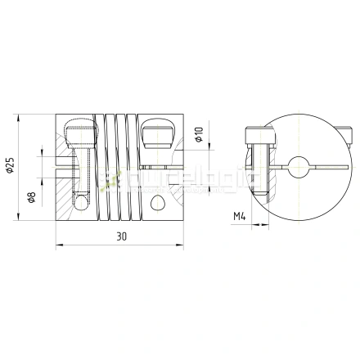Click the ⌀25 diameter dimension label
(x=11, y=168)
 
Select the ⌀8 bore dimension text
(x=31, y=197)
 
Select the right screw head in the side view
(x=157, y=130)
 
